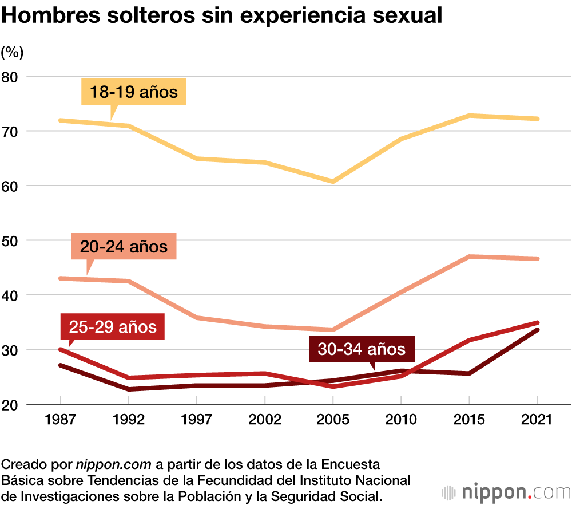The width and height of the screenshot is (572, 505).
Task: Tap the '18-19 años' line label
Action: click(x=134, y=92)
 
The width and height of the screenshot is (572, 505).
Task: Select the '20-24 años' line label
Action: click(x=124, y=247)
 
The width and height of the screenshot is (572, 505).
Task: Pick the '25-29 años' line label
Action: click(x=113, y=326)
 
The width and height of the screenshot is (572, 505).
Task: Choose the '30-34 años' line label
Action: click(x=362, y=349)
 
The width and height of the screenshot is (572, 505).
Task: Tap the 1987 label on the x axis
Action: click(x=61, y=420)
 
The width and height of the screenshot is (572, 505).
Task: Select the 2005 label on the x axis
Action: click(x=333, y=420)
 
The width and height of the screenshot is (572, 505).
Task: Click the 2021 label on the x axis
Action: click(x=538, y=420)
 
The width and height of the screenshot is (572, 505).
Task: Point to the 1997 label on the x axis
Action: click(x=197, y=420)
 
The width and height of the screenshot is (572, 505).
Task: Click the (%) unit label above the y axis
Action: click(x=12, y=53)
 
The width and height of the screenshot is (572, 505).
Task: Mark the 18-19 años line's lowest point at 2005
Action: click(x=333, y=182)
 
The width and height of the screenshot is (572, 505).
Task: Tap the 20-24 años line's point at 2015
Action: click(x=469, y=257)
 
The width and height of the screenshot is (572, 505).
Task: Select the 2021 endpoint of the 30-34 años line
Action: click(x=538, y=330)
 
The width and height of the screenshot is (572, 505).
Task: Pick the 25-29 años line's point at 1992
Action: click(x=129, y=378)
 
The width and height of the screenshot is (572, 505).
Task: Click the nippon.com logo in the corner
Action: click(x=506, y=492)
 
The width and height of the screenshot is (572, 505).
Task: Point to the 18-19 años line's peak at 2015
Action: click(x=469, y=116)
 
